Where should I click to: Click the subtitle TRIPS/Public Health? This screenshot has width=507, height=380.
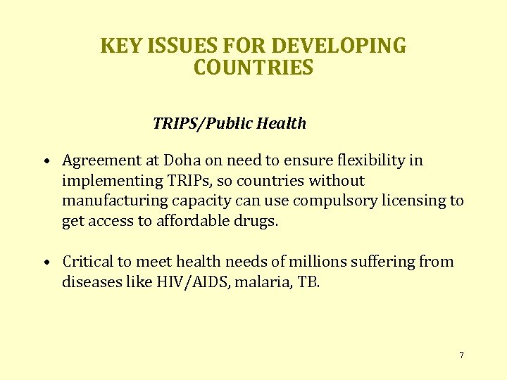(x=230, y=124)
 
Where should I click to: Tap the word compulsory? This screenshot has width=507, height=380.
(x=333, y=201)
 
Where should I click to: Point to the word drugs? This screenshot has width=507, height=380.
(x=258, y=221)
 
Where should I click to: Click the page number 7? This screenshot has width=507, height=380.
(x=461, y=355)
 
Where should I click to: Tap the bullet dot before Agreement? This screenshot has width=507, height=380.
(x=44, y=161)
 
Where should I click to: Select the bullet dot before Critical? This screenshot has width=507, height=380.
(x=44, y=262)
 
